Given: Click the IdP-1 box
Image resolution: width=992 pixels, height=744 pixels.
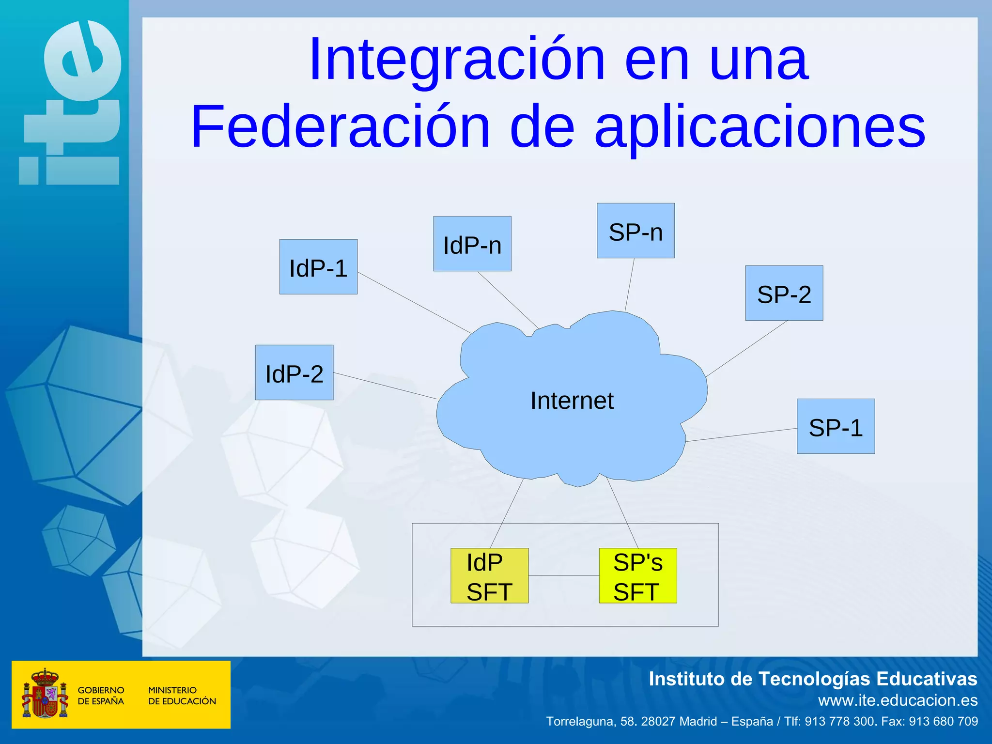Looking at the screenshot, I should point(318,267).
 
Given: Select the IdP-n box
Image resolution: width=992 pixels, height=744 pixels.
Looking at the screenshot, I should point(472,244).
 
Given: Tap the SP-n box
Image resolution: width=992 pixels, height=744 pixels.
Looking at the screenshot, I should point(635,231).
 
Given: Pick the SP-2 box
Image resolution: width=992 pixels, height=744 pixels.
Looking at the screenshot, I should point(784,293).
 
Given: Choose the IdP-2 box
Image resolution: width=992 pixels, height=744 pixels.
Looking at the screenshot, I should point(294,372).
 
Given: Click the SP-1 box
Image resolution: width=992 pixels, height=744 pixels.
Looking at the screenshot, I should point(836,426).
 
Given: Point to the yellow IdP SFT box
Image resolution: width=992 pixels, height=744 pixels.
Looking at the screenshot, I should point(489,576).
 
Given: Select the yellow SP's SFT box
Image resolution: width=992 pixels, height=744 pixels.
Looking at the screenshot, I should point(637,576).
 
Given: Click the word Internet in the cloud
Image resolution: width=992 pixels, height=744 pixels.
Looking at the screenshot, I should point(572,401).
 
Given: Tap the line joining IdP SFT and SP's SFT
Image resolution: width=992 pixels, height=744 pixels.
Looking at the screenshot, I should point(563,576).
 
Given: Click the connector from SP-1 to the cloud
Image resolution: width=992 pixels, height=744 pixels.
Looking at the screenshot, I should point(741,435).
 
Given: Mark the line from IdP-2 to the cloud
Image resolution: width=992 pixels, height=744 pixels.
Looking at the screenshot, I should point(385,386).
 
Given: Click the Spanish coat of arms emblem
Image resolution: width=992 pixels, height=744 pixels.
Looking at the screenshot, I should point(45,694).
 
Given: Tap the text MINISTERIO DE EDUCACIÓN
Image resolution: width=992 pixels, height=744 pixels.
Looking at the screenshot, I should point(182,696).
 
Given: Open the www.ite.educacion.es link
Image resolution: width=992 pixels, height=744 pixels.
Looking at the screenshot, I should point(898,700).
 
